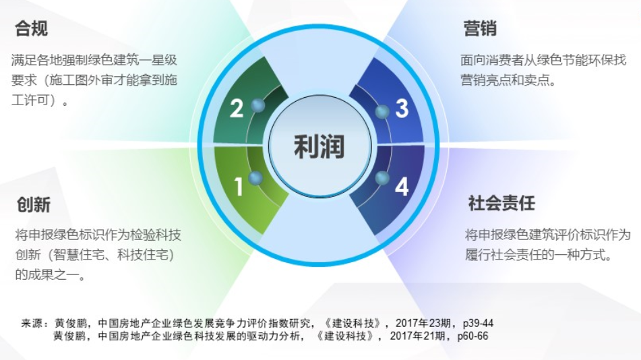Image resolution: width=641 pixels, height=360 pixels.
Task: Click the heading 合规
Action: (x=32, y=28)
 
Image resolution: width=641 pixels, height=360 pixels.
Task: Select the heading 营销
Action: (x=480, y=28)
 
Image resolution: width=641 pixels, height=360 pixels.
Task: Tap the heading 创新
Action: (x=34, y=204)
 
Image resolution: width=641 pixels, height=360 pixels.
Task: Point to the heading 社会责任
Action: (x=501, y=203)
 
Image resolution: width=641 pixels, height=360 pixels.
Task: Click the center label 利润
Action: (x=319, y=146)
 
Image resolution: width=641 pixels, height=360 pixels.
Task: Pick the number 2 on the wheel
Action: (x=237, y=109)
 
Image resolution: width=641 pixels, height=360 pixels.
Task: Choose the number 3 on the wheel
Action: (x=402, y=109)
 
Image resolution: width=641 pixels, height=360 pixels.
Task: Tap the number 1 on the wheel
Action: (x=239, y=186)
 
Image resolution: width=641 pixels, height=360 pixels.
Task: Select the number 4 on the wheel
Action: (x=402, y=187)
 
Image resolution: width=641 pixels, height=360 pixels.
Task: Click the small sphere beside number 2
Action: (x=257, y=106)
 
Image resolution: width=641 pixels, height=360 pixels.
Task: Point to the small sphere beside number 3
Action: (x=382, y=112)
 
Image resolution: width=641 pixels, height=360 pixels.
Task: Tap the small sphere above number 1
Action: (x=255, y=177)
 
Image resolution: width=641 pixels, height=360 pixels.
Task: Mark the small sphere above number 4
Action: (x=382, y=177)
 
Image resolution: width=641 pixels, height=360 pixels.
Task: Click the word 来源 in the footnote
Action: (x=32, y=323)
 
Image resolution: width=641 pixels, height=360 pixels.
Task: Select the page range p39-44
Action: (x=478, y=323)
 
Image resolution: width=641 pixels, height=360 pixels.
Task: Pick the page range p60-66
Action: (x=472, y=336)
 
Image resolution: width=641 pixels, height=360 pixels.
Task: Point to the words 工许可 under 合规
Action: (x=30, y=100)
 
